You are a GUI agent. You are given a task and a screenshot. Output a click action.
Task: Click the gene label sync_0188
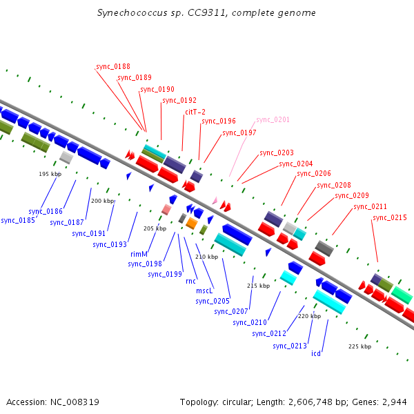tap(113, 66)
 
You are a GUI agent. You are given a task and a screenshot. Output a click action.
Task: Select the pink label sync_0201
tap(273, 119)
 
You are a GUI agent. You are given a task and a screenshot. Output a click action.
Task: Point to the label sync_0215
tap(389, 218)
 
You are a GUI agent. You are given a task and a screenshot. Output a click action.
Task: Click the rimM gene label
tap(139, 254)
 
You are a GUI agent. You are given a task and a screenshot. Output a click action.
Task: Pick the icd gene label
tap(316, 353)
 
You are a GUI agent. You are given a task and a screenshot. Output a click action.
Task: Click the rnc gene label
tap(190, 282)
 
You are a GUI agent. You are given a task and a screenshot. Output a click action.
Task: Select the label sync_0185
tap(18, 221)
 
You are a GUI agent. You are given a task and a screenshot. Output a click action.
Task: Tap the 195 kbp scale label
tap(50, 174)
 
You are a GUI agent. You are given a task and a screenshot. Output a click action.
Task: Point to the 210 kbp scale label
tap(206, 257)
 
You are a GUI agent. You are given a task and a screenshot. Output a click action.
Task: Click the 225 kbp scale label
tap(359, 346)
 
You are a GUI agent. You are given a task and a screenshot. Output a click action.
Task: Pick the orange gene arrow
tap(192, 224)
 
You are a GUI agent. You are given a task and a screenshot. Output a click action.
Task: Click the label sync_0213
tap(289, 346)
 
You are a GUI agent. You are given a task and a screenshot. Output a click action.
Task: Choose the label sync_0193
tap(109, 244)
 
